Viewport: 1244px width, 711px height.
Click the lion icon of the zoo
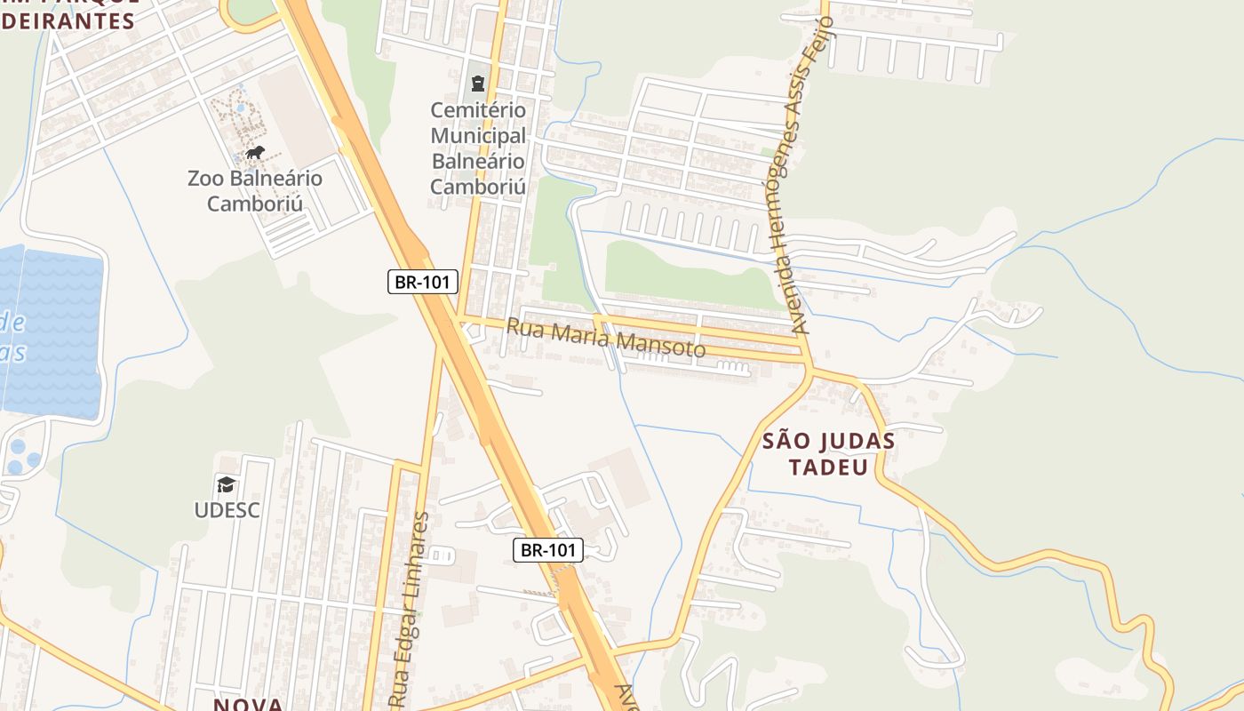coord(255,153)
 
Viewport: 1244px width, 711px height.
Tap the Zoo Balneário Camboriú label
coord(255,191)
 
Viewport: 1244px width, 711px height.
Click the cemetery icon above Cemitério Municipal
coord(479,84)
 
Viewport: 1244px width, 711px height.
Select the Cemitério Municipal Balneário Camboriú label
coord(478,148)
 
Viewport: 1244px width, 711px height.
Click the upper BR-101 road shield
coord(423,283)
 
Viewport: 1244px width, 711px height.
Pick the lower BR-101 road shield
coord(548,550)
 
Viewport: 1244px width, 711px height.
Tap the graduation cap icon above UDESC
coord(227,484)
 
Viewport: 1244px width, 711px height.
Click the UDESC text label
coord(227,510)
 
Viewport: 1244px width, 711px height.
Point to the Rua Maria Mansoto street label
coord(605,339)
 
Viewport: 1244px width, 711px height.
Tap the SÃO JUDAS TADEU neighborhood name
coord(828,453)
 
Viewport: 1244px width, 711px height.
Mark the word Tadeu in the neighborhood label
coord(828,467)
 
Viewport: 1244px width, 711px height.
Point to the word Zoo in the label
coord(204,179)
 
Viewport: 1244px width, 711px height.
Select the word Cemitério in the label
coord(478,111)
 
